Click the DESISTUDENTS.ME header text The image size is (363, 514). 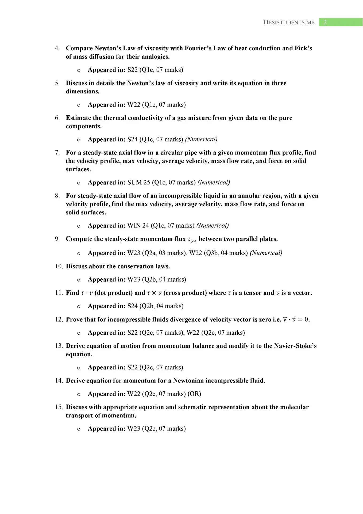289,22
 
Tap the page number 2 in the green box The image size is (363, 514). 325,22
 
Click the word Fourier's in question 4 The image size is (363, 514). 192,48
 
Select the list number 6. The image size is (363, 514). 57,118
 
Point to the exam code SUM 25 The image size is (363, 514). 138,182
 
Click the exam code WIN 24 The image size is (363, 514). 138,225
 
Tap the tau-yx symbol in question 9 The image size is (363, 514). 192,239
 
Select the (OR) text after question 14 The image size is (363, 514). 194,394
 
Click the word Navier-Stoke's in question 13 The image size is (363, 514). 295,346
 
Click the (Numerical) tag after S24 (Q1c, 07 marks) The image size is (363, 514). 201,139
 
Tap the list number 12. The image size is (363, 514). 59,319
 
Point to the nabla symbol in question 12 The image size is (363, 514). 285,319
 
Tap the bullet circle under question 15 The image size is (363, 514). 79,429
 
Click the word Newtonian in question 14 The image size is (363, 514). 188,381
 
